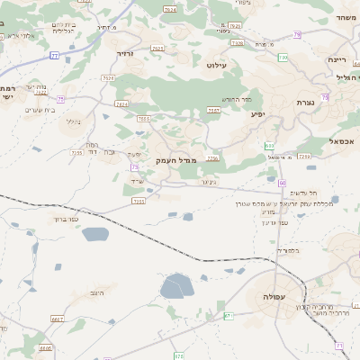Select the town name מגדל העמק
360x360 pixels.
pos(175,160)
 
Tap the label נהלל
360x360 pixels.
pos(75,121)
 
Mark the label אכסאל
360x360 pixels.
pos(342,141)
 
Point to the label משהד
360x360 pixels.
pos(346,18)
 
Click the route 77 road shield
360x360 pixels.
pos(54,56)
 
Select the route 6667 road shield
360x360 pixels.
pos(58,319)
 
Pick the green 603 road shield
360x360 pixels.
pos(269,145)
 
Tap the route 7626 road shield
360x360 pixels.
pos(238,41)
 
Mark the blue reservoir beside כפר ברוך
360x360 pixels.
pos(94,235)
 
